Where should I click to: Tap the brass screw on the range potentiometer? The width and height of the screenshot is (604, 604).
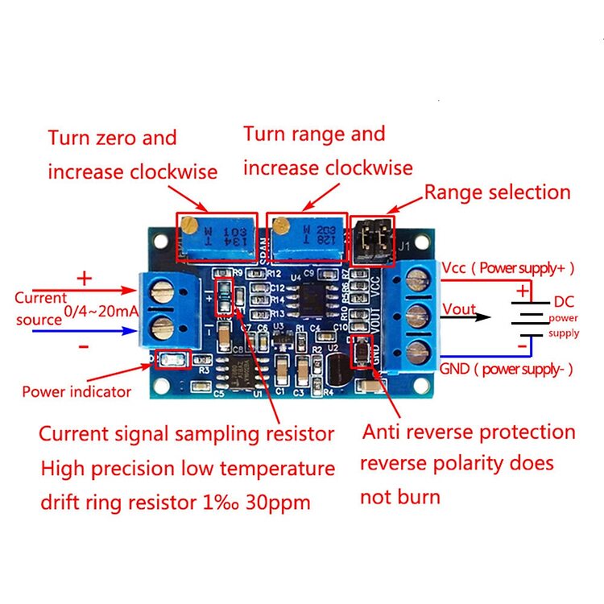tap(282, 225)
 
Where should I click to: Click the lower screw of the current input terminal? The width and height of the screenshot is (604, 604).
tap(161, 326)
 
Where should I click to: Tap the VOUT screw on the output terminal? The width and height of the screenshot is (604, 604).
tap(417, 315)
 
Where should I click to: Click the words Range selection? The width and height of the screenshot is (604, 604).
tap(497, 192)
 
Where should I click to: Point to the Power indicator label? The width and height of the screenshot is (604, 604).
tap(77, 392)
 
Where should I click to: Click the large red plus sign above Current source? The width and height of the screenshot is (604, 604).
tap(84, 279)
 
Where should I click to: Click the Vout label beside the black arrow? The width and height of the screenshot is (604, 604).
tap(459, 310)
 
